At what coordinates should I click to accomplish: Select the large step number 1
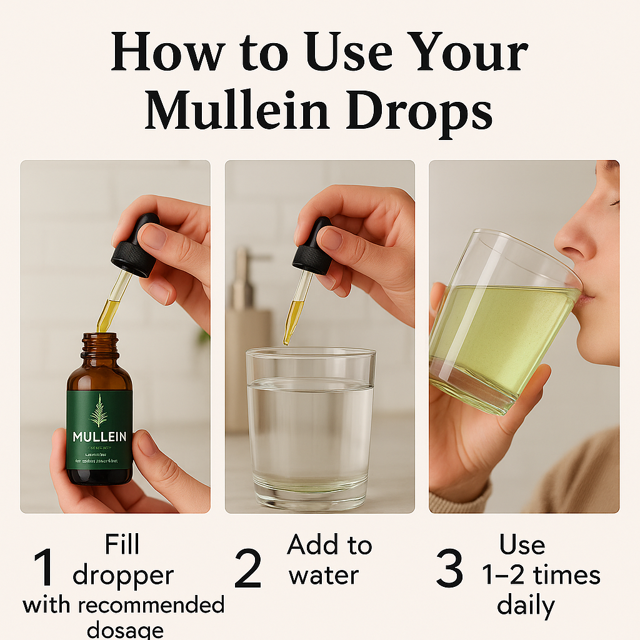(44, 568)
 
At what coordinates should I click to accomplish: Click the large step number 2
(248, 568)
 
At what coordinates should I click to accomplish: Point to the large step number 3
(449, 568)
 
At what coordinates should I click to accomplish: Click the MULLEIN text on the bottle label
(99, 436)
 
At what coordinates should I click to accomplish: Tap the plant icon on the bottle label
(99, 409)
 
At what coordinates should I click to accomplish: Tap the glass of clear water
(310, 431)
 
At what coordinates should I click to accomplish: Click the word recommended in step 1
(150, 605)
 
